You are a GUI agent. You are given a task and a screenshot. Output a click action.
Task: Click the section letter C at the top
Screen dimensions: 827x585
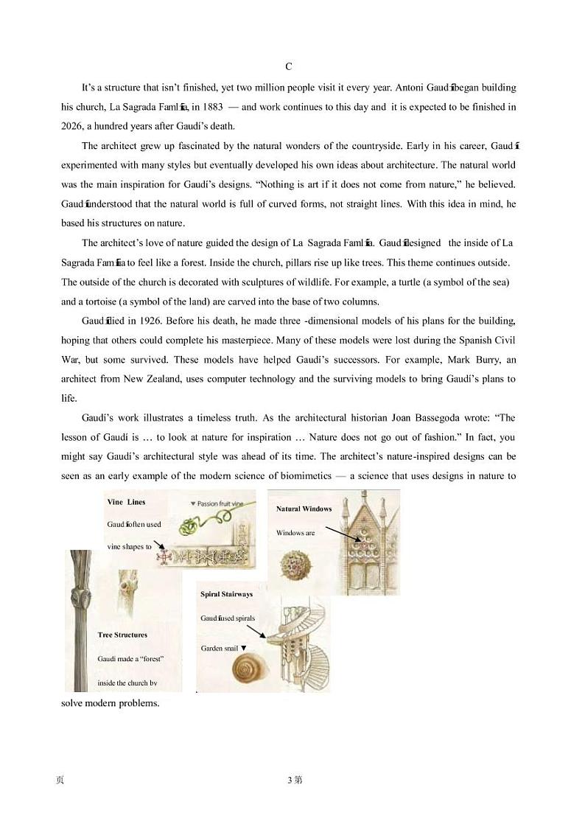(289, 67)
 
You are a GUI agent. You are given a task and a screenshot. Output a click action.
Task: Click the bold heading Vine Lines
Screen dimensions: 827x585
(126, 502)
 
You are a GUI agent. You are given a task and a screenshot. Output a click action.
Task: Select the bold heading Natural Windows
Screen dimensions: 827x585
(304, 509)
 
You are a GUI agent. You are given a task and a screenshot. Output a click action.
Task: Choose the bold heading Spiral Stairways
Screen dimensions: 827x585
(226, 594)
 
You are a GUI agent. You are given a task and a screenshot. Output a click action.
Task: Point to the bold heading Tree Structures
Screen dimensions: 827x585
(122, 635)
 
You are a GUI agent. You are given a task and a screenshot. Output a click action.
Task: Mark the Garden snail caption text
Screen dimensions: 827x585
(220, 649)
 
